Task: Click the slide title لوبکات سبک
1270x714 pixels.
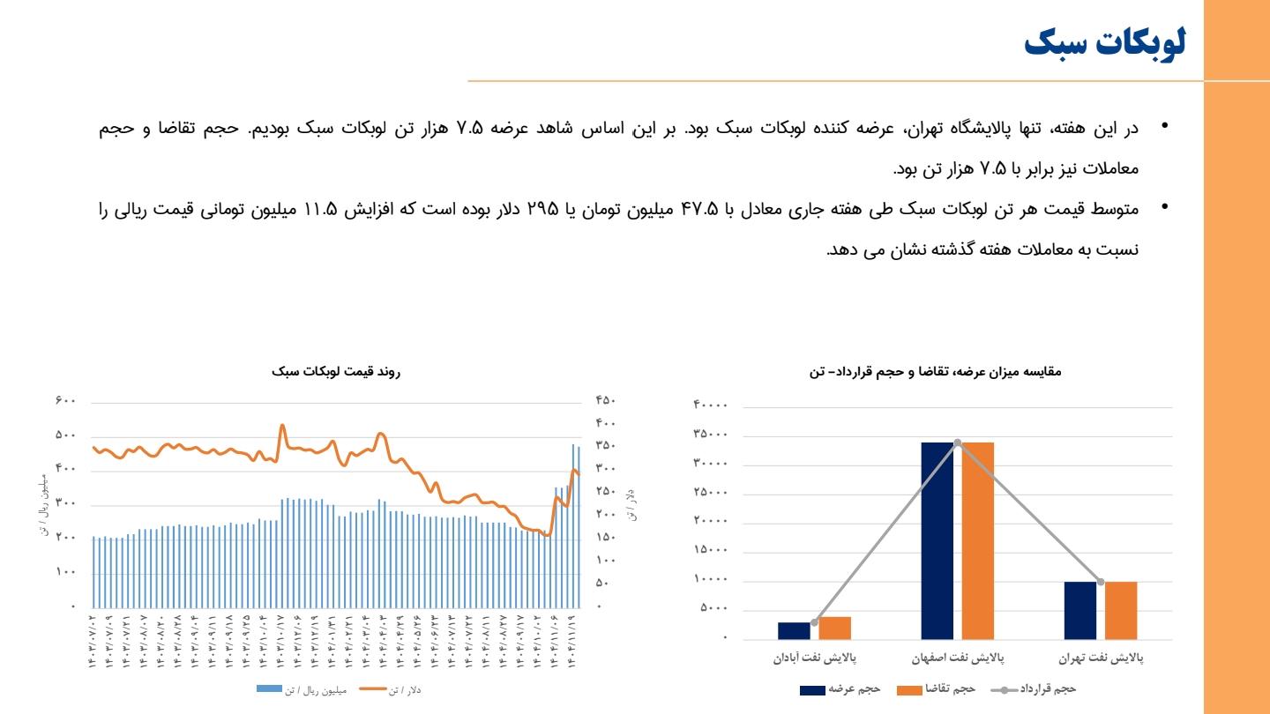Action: coord(1105,43)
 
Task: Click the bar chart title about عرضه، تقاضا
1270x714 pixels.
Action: coord(935,372)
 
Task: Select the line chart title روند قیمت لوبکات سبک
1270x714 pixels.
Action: coord(336,373)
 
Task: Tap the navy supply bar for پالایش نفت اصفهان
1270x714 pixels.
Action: coord(938,539)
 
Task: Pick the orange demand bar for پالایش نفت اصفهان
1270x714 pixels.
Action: coord(977,539)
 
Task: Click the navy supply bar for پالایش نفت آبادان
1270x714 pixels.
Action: coord(794,630)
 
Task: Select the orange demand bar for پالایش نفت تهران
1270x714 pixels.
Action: coord(1121,610)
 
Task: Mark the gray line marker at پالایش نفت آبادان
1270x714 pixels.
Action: coord(814,622)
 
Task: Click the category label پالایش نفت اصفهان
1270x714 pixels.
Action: coord(958,658)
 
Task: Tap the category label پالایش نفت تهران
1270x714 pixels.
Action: coord(1101,658)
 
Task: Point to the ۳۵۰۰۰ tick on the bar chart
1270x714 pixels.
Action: coord(712,435)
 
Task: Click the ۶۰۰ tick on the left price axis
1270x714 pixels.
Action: coord(66,401)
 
